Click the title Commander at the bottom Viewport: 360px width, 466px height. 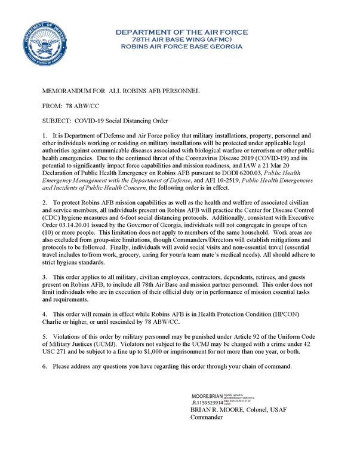207,419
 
